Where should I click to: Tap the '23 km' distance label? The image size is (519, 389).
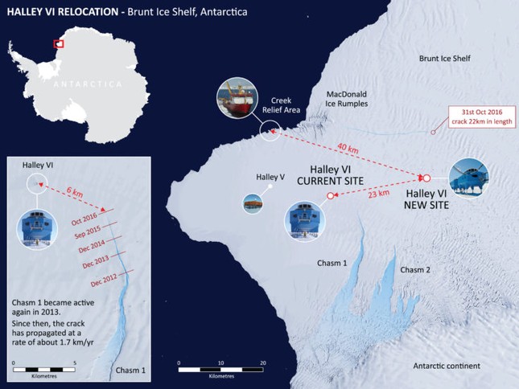(378, 193)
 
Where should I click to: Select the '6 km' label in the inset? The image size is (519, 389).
(74, 193)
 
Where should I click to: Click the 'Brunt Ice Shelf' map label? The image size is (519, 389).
(444, 59)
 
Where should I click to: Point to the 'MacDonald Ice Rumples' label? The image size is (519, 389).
(347, 99)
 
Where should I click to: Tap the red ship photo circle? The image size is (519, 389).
(235, 100)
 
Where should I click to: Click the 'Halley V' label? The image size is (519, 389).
(270, 177)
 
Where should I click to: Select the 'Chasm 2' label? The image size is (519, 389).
(416, 270)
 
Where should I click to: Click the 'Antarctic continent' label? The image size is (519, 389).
(447, 366)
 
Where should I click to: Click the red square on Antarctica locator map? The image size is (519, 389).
(58, 43)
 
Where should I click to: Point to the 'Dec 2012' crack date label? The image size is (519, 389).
(108, 282)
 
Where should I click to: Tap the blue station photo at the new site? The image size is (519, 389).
(468, 178)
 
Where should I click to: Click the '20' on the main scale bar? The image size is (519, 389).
(263, 362)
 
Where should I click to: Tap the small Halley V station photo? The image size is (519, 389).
(253, 204)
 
